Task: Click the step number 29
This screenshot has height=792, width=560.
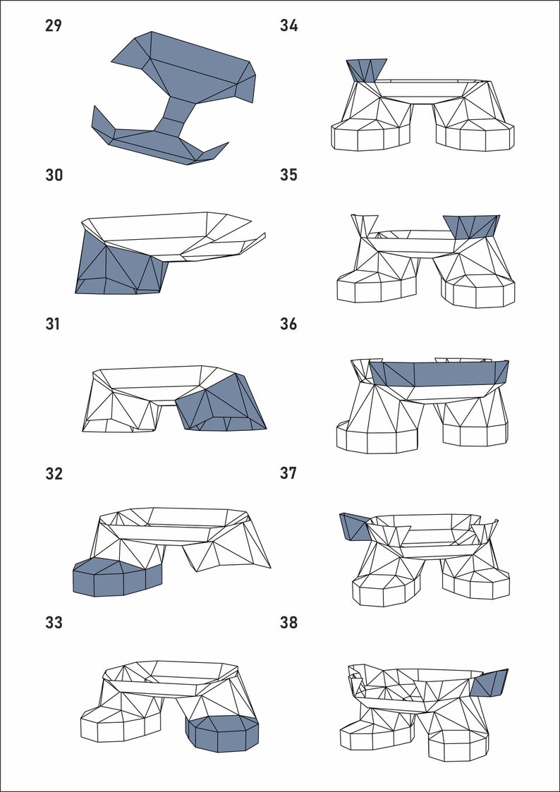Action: pyautogui.click(x=54, y=26)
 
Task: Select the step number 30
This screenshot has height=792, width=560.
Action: pyautogui.click(x=54, y=175)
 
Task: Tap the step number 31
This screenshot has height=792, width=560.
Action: pyautogui.click(x=54, y=324)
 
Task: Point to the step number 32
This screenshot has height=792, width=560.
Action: pyautogui.click(x=54, y=474)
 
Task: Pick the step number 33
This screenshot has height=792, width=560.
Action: pyautogui.click(x=54, y=623)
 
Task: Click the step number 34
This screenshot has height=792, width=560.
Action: pyautogui.click(x=288, y=26)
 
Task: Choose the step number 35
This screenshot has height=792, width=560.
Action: pyautogui.click(x=288, y=175)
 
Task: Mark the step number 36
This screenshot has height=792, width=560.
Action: pyautogui.click(x=288, y=324)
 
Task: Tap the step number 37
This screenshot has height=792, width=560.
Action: pyautogui.click(x=288, y=474)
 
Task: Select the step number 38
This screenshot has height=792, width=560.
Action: pyautogui.click(x=288, y=623)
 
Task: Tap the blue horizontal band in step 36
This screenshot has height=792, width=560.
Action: pyautogui.click(x=437, y=373)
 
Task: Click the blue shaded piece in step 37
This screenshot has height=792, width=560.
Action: pyautogui.click(x=353, y=525)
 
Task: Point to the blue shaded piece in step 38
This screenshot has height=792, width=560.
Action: pyautogui.click(x=490, y=683)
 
